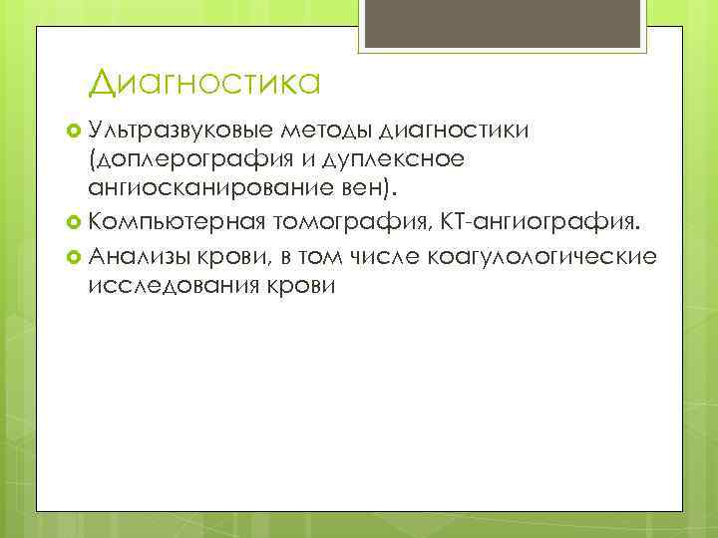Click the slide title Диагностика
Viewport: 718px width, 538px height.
[x=203, y=81]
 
